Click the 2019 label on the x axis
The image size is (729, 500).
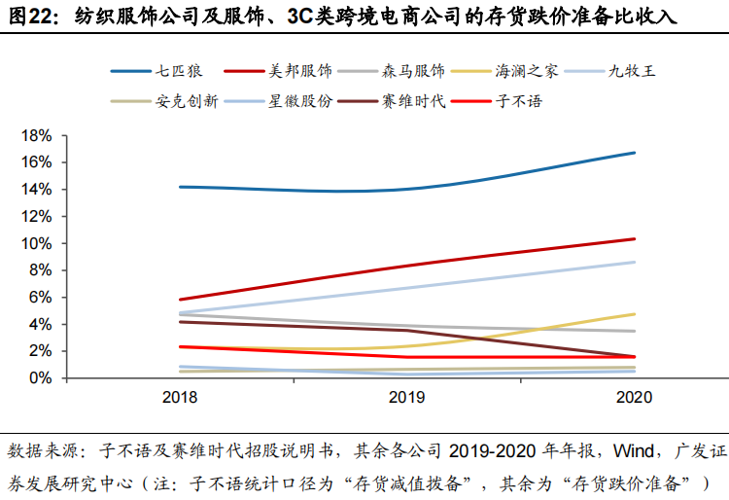[x=406, y=398]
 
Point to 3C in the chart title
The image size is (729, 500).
[x=288, y=18]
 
